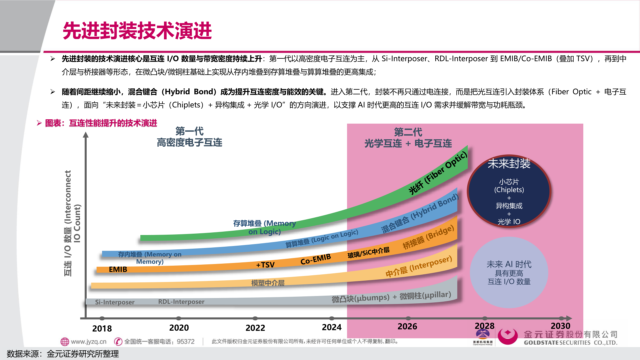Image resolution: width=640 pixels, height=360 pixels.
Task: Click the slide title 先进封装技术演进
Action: pos(137,31)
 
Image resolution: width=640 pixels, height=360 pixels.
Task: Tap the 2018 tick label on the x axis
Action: pos(102,328)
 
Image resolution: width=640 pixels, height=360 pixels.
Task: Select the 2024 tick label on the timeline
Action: pos(332,327)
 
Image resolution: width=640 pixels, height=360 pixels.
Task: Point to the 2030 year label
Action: pos(560,326)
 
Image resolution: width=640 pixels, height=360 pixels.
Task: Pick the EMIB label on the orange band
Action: pos(118,269)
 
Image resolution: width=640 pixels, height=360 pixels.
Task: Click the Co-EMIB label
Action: pos(315,259)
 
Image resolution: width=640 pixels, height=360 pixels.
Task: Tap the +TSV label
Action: pos(265,265)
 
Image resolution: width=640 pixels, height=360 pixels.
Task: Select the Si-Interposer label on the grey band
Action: pos(115,302)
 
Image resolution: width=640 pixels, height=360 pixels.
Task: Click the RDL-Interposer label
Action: pos(181,302)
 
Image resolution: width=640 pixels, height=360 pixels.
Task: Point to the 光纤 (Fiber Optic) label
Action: pos(438,173)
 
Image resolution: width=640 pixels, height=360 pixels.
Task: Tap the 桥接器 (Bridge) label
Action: pos(428,237)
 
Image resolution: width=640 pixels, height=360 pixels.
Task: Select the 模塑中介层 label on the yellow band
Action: pos(268,283)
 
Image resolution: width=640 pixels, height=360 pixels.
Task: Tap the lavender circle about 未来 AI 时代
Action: pos(509,273)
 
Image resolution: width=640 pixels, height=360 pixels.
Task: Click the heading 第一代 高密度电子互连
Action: pos(189,137)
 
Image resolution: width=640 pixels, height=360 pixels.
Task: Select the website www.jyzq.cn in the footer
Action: pos(88,342)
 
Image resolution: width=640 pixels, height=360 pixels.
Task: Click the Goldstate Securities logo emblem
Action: pos(507,336)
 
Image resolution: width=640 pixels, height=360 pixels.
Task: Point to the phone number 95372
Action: pos(186,342)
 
